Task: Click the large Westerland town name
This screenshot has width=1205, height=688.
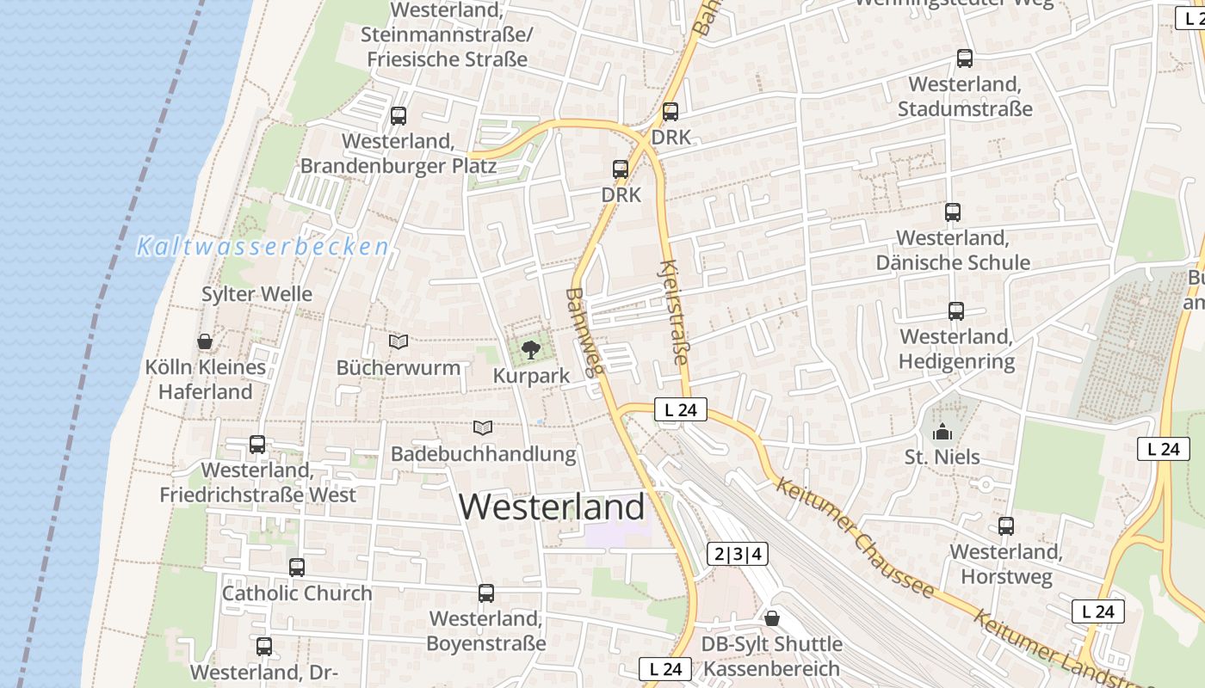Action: click(x=552, y=507)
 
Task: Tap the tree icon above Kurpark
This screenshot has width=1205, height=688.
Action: click(x=531, y=349)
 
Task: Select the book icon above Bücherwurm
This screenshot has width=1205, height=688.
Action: click(x=398, y=341)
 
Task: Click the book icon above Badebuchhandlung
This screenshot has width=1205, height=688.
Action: click(x=484, y=427)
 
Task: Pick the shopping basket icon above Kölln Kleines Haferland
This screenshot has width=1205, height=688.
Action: click(x=205, y=341)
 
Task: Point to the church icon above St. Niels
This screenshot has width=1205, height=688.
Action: click(x=942, y=431)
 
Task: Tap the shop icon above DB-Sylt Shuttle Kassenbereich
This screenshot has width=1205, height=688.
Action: click(x=772, y=618)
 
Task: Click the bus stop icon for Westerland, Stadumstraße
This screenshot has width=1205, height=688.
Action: click(x=965, y=58)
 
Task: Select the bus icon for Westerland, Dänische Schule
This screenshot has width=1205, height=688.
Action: click(x=953, y=212)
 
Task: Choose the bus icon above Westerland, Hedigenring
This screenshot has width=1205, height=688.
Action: click(x=956, y=311)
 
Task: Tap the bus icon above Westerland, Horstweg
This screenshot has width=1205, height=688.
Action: click(x=1006, y=526)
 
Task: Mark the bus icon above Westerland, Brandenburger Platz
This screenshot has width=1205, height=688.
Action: click(x=399, y=116)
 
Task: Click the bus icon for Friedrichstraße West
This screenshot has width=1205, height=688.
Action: click(x=257, y=445)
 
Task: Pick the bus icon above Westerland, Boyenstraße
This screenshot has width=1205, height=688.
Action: click(x=486, y=593)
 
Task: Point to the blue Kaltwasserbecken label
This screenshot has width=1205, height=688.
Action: click(x=263, y=248)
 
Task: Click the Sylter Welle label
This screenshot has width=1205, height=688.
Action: click(x=256, y=294)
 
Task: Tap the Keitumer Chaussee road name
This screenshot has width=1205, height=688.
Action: click(x=855, y=538)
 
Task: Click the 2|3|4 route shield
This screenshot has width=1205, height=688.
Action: click(x=738, y=554)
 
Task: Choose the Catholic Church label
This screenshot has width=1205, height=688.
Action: click(x=297, y=593)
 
